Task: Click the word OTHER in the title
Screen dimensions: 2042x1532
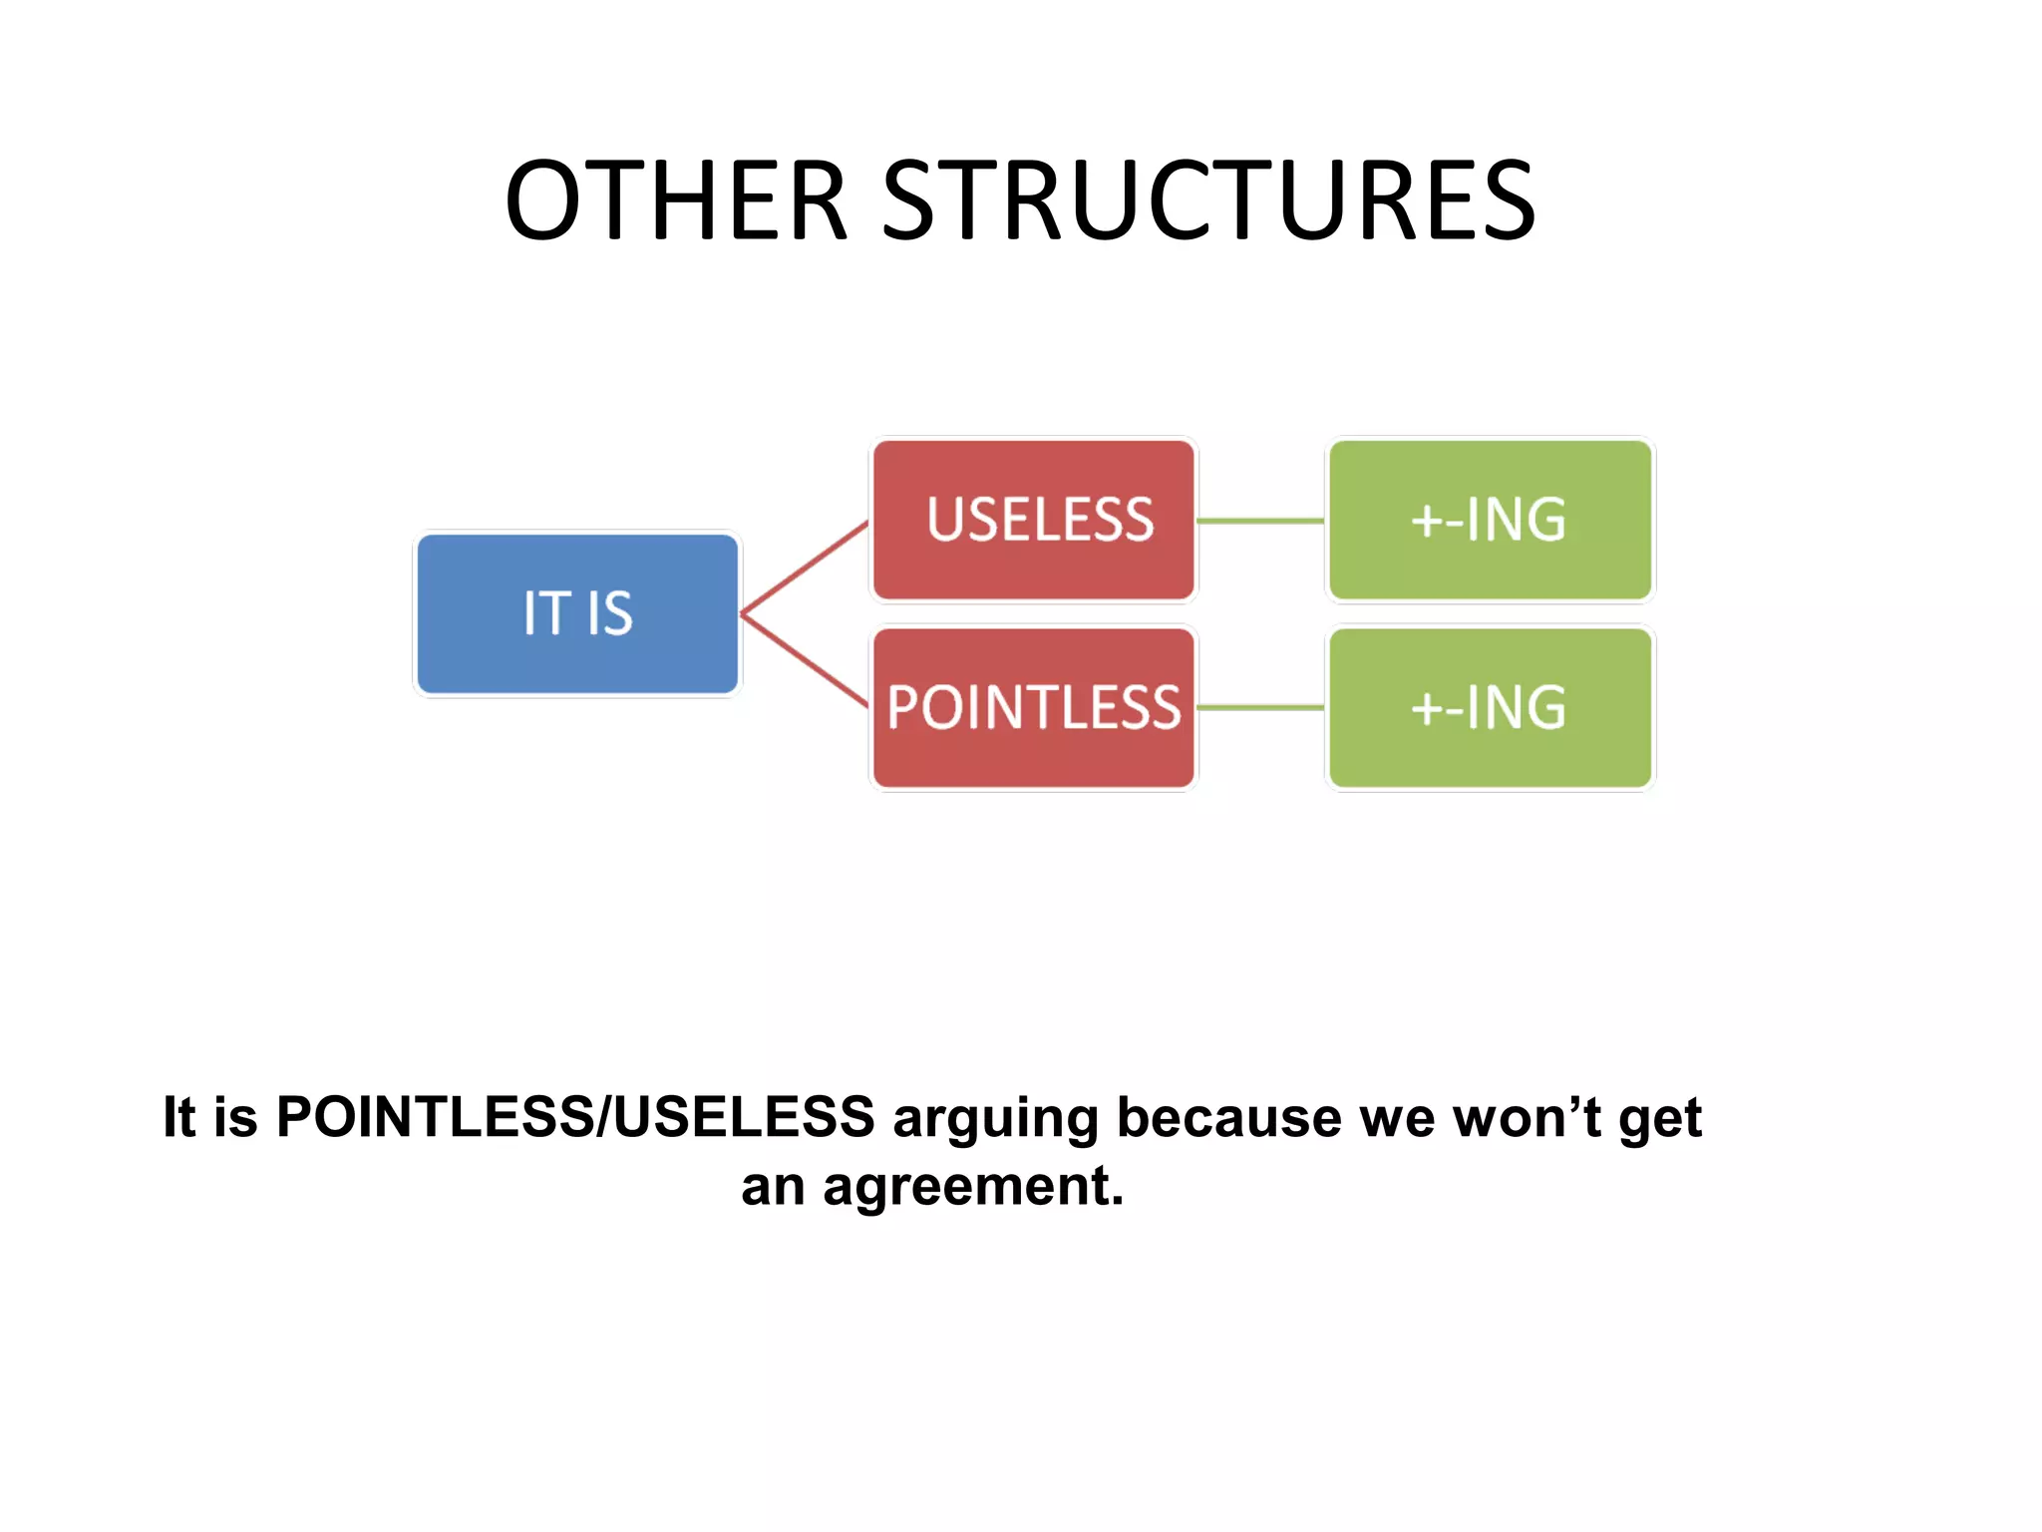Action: click(x=676, y=201)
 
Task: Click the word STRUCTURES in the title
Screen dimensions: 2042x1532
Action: click(x=1208, y=201)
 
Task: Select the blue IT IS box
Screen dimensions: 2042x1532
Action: click(x=577, y=612)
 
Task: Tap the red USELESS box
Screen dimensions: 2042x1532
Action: click(x=1034, y=520)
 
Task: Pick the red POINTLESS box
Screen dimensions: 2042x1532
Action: click(x=1034, y=707)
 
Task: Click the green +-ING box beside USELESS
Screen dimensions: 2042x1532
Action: click(x=1490, y=520)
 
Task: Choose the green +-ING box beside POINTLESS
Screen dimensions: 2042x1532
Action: click(x=1490, y=707)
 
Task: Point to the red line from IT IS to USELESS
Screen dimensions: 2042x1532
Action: click(x=805, y=567)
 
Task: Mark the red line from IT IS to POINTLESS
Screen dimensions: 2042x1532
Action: click(x=805, y=660)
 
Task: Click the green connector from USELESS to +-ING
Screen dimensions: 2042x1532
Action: click(x=1260, y=521)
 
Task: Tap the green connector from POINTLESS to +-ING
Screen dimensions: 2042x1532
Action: click(x=1260, y=708)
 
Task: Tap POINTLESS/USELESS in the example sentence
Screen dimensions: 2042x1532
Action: click(x=575, y=1117)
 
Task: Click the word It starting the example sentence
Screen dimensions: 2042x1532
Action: click(x=179, y=1117)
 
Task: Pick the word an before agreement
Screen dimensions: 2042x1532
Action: click(x=773, y=1187)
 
